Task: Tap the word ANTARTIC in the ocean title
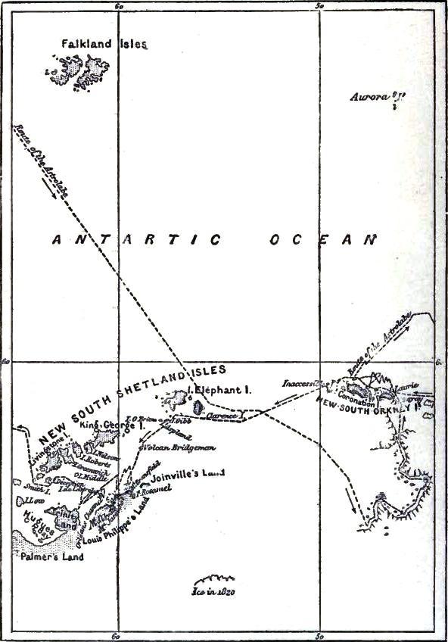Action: (137, 240)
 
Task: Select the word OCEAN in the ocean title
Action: (323, 240)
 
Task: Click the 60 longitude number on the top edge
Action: (118, 5)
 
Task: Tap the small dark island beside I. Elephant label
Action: (198, 407)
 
